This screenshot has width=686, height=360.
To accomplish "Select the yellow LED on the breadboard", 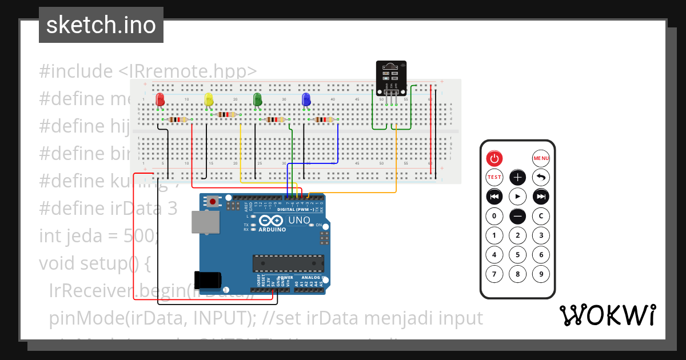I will pyautogui.click(x=209, y=100).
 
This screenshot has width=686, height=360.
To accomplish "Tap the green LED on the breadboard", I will pyautogui.click(x=257, y=99).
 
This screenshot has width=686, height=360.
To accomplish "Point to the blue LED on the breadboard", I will pyautogui.click(x=306, y=99).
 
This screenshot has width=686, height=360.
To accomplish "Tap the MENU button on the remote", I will pyautogui.click(x=541, y=158).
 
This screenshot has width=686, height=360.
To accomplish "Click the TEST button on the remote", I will pyautogui.click(x=494, y=177).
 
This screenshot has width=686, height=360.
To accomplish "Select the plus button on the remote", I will pyautogui.click(x=517, y=177).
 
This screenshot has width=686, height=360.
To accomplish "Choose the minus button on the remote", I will pyautogui.click(x=517, y=217).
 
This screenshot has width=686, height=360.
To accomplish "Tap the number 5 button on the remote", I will pyautogui.click(x=517, y=255).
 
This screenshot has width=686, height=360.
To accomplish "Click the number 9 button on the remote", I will pyautogui.click(x=541, y=274).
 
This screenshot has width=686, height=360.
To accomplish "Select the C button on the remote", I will pyautogui.click(x=541, y=217).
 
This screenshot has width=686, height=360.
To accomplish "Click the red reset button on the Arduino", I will pyautogui.click(x=213, y=201).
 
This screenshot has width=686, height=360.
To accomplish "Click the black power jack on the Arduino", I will pyautogui.click(x=207, y=280).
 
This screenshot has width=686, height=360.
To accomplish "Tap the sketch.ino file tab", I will pyautogui.click(x=101, y=25).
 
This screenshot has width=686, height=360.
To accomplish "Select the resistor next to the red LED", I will pyautogui.click(x=178, y=119).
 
